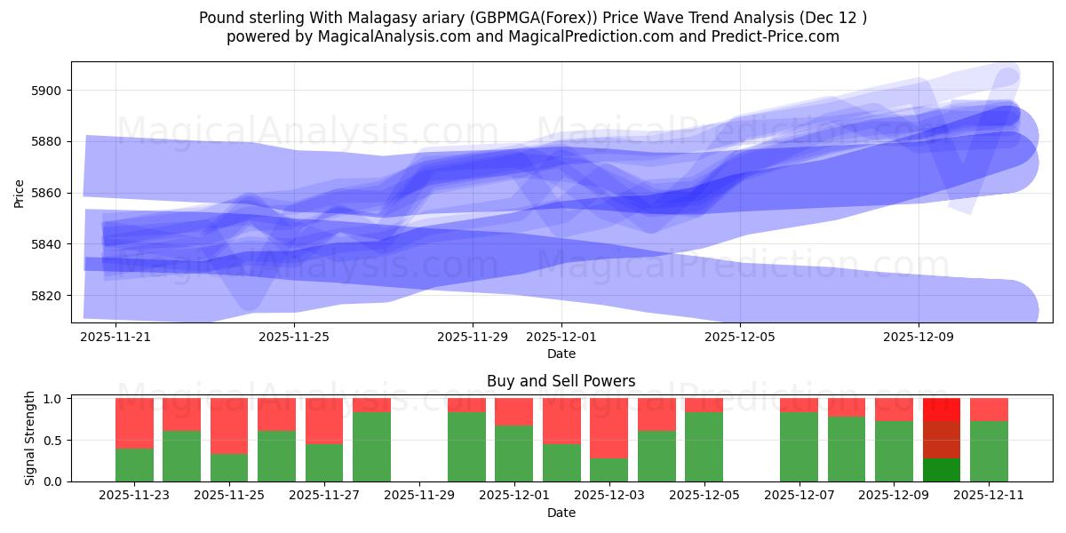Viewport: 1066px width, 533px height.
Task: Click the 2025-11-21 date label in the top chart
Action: (115, 338)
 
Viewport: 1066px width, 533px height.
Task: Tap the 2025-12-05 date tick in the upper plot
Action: (740, 338)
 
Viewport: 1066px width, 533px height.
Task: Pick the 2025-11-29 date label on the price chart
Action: (473, 338)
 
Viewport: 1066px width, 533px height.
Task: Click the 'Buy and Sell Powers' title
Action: (561, 381)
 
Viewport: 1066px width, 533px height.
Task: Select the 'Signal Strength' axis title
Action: (30, 439)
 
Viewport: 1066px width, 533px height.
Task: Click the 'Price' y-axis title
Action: (20, 192)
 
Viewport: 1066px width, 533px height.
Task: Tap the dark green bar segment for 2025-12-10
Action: (942, 470)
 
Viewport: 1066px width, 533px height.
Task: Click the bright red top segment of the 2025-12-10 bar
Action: (942, 410)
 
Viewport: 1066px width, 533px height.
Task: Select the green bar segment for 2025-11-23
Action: (134, 465)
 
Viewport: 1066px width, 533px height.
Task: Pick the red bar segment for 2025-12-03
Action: (609, 427)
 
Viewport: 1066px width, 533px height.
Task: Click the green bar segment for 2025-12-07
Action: (799, 447)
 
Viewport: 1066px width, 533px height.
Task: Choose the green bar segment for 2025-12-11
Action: (989, 451)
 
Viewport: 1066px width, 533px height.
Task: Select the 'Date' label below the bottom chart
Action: (561, 513)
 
